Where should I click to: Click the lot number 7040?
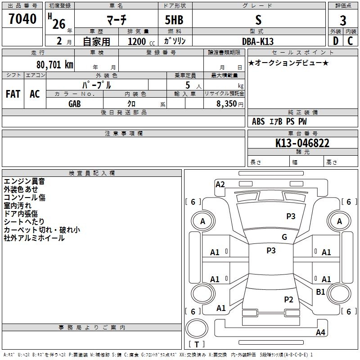click(22, 19)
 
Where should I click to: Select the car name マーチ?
click(117, 20)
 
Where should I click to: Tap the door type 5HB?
click(174, 20)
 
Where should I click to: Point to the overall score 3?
click(343, 21)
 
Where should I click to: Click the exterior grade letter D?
click(336, 41)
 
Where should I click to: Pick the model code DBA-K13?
click(258, 41)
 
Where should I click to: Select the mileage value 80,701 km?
click(55, 65)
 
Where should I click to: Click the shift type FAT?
click(13, 94)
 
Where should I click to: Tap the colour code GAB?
click(75, 104)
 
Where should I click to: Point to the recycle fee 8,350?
click(226, 104)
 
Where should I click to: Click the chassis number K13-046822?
click(302, 143)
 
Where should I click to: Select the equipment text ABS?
click(258, 121)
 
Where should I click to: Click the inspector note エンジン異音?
click(24, 181)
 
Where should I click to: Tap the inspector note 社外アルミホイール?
click(34, 238)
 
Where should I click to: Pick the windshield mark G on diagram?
click(284, 237)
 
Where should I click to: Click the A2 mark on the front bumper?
click(220, 184)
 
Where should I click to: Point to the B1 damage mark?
click(320, 292)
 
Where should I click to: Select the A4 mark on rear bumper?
click(320, 332)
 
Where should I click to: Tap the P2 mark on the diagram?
click(288, 299)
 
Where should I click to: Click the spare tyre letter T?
click(197, 344)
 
